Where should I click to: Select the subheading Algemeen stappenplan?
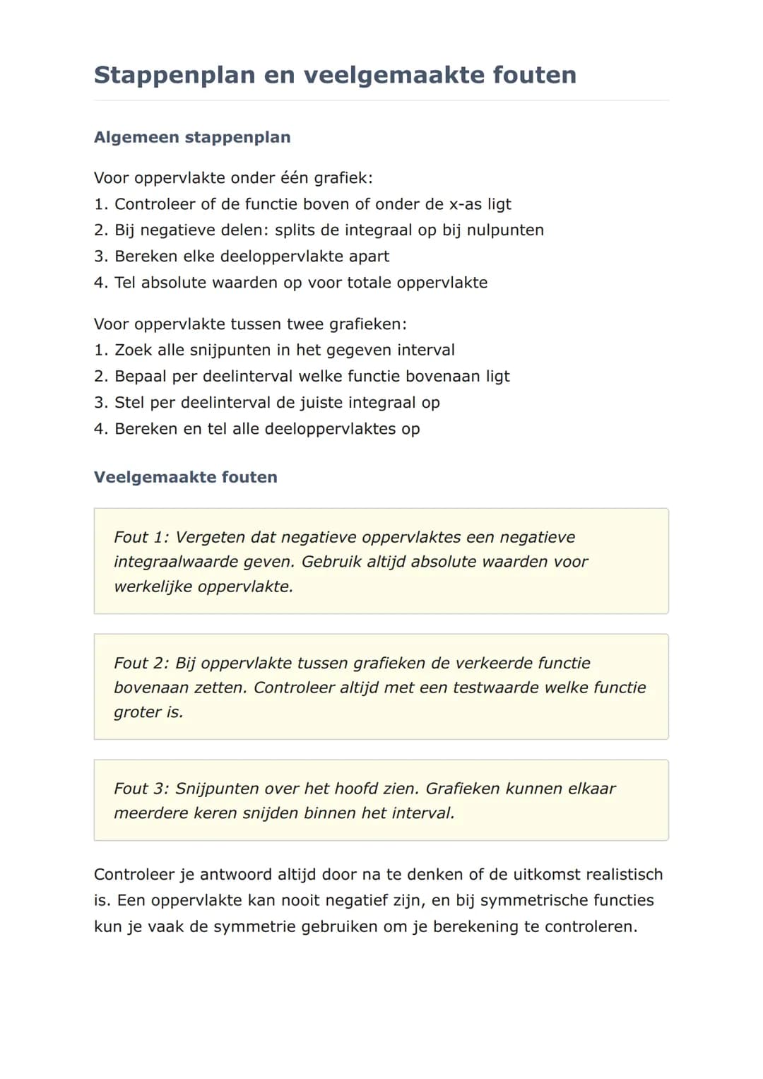click(x=192, y=137)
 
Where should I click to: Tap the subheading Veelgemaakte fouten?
click(x=186, y=477)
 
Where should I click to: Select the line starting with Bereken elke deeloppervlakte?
click(x=242, y=257)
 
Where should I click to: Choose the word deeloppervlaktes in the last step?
click(x=338, y=429)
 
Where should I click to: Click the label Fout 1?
click(x=141, y=537)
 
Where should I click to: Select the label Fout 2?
click(x=141, y=663)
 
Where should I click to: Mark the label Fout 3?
click(x=141, y=789)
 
